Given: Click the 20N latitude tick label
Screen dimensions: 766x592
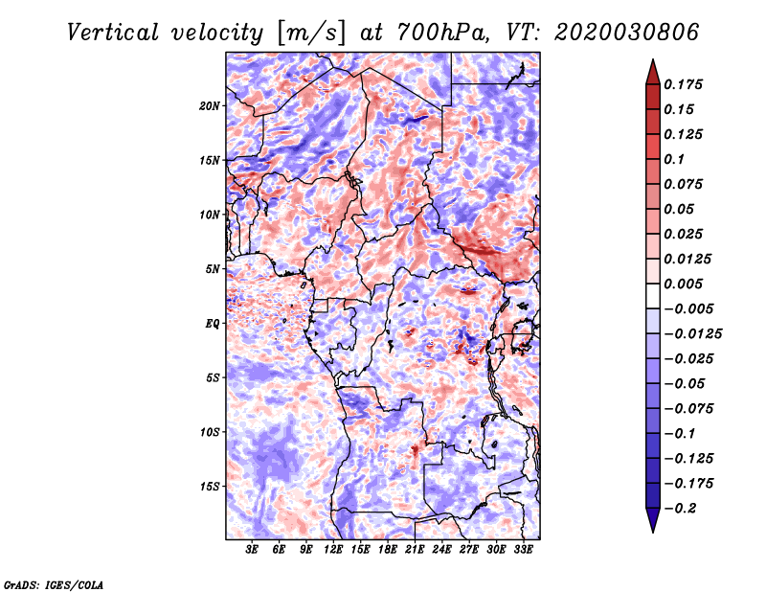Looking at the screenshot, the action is [x=210, y=106].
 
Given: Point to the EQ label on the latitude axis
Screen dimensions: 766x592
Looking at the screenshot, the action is [x=213, y=324].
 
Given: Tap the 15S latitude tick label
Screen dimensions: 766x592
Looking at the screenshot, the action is [x=210, y=487].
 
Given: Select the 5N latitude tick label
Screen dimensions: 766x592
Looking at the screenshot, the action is [x=213, y=269].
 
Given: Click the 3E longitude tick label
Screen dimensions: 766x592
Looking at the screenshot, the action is [x=252, y=550].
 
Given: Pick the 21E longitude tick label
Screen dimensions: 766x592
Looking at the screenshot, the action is [x=415, y=550].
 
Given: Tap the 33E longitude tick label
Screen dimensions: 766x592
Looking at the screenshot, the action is [x=523, y=550].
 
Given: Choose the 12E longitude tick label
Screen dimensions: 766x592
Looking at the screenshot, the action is [x=333, y=550].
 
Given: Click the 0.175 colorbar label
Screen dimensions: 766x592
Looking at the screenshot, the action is [x=683, y=85].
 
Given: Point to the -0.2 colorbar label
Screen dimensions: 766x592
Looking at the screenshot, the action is [x=680, y=509].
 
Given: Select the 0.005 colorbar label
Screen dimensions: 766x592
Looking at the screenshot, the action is [x=683, y=284].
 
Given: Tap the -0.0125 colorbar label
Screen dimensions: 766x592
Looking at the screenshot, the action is [x=692, y=334].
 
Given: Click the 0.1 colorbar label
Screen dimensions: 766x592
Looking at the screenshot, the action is [x=674, y=159].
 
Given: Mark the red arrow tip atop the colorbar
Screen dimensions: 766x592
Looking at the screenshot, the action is [x=653, y=59].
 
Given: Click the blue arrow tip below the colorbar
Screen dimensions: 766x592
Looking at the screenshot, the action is [x=653, y=532].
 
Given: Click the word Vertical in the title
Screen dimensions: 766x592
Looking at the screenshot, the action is [x=113, y=33].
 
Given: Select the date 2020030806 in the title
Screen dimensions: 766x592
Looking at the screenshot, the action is [x=627, y=33].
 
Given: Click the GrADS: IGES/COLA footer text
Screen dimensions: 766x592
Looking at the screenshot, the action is [x=54, y=584].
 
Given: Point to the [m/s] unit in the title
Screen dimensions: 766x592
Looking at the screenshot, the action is [x=310, y=34].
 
